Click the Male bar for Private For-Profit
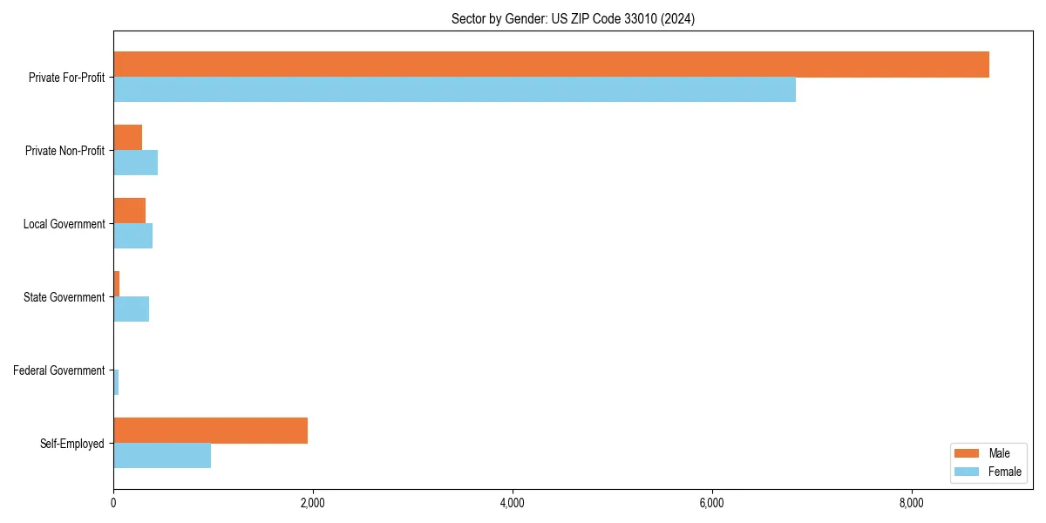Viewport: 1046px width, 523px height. point(551,65)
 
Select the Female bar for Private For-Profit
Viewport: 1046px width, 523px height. point(454,90)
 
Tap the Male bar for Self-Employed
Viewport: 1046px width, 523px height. point(210,431)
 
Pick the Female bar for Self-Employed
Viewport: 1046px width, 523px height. point(162,455)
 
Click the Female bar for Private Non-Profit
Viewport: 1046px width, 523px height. point(135,163)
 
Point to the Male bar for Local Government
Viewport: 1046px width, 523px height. point(129,211)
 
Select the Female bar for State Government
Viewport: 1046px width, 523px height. point(131,309)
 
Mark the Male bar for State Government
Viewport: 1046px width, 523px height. point(116,284)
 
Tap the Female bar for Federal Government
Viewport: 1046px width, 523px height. point(116,383)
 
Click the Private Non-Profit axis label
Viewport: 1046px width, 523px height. point(65,151)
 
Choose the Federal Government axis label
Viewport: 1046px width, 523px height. point(58,370)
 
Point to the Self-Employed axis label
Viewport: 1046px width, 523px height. point(71,444)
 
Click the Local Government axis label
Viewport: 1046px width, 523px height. point(64,224)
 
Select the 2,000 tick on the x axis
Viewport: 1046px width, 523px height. point(312,503)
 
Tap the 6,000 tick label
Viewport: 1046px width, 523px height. point(711,503)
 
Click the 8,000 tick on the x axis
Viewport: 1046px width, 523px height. point(911,503)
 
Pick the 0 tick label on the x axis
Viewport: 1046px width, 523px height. point(113,503)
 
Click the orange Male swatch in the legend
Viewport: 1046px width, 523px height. point(967,453)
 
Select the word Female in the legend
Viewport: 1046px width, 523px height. point(1004,472)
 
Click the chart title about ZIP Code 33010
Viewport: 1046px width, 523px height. point(573,18)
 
